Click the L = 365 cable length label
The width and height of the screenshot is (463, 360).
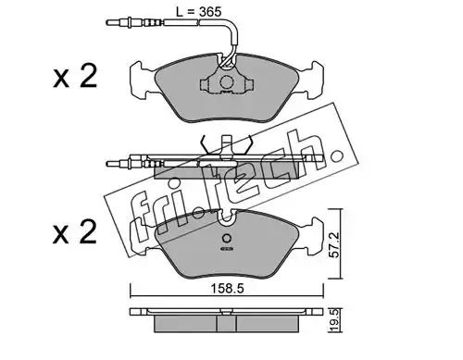tap(198, 12)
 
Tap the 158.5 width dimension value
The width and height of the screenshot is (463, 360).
tap(227, 289)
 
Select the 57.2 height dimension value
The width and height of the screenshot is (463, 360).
tap(335, 244)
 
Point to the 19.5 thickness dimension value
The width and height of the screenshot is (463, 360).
tap(335, 321)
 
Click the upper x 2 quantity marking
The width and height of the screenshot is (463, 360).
tap(75, 77)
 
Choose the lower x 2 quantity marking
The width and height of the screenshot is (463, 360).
tap(75, 232)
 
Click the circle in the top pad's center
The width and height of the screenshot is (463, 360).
tap(227, 81)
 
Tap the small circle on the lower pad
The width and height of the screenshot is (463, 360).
tap(227, 238)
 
